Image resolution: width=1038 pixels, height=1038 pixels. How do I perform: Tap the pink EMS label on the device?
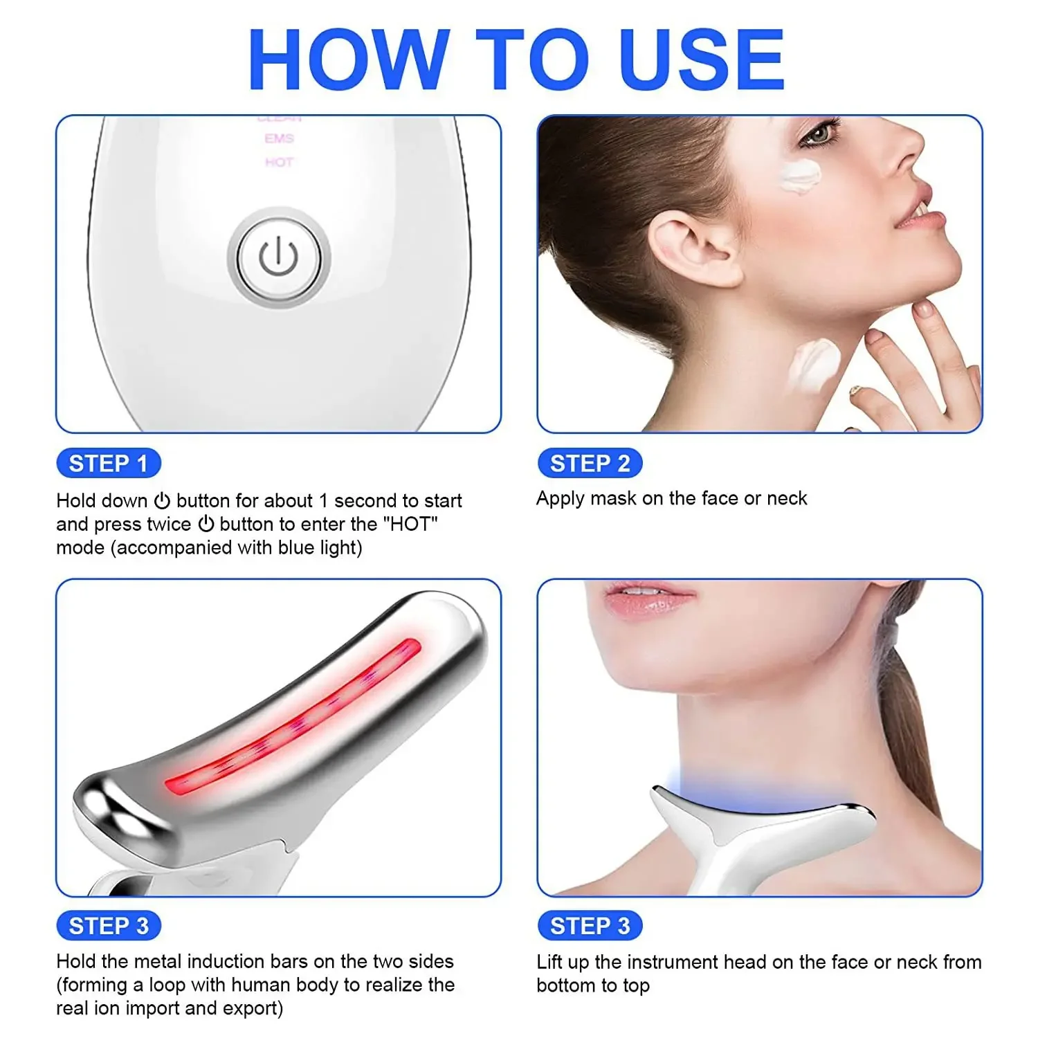(x=279, y=139)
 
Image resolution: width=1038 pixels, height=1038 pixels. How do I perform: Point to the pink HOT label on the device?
(x=279, y=163)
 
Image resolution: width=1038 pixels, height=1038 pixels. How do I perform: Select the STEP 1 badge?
(x=108, y=463)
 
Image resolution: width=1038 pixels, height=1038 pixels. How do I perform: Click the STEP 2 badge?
(x=590, y=463)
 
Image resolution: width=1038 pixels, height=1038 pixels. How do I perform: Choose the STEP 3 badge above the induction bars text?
(x=108, y=925)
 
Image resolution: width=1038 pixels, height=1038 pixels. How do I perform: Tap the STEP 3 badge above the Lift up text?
(x=590, y=925)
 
